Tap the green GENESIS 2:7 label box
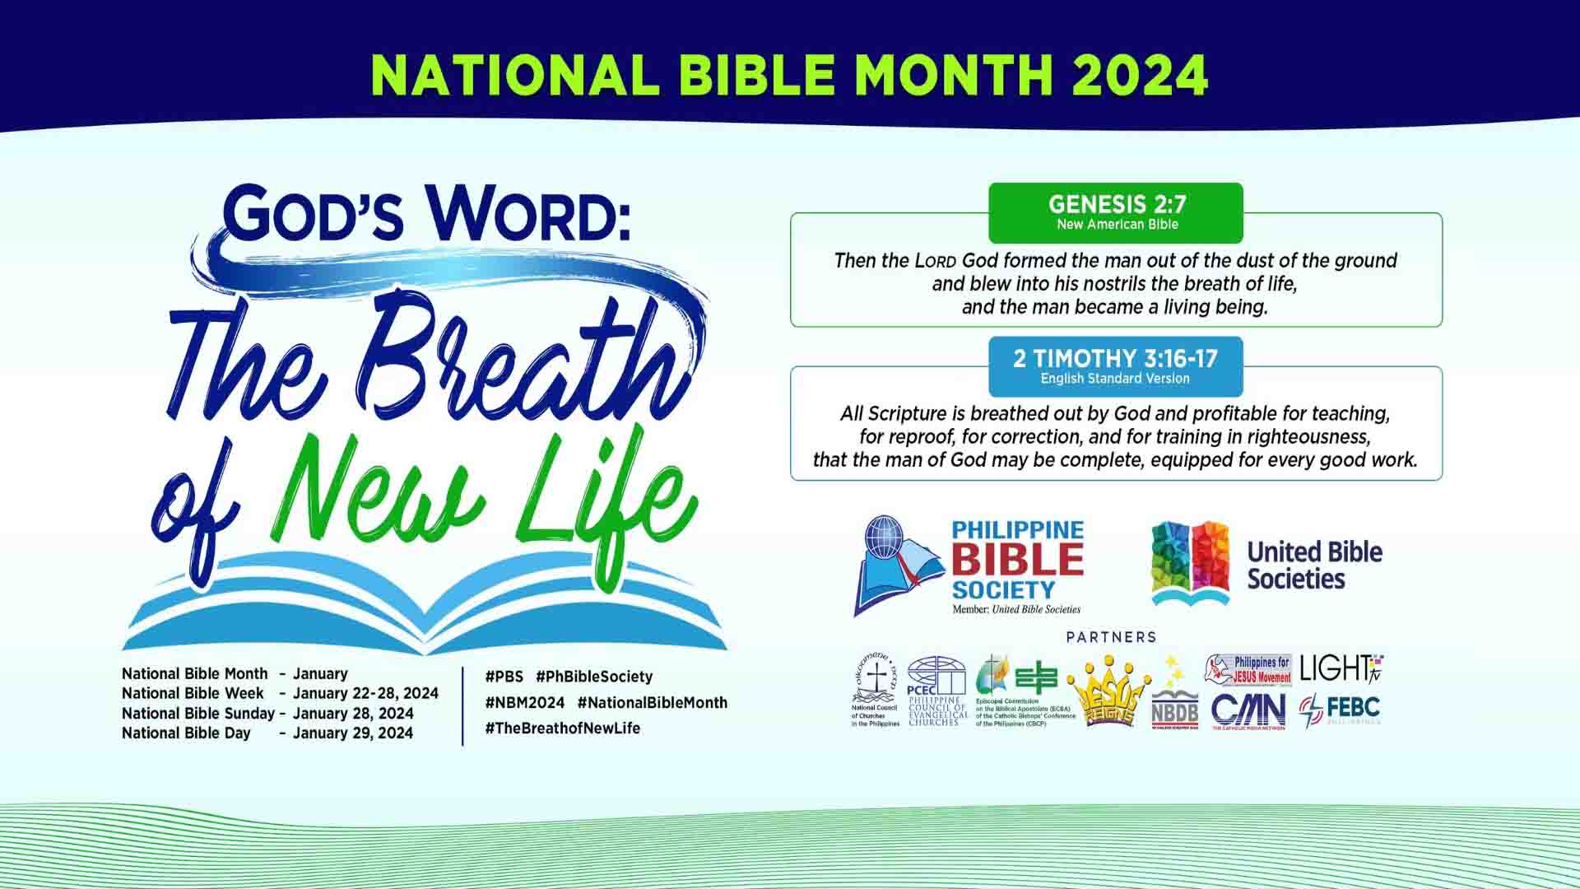pyautogui.click(x=1116, y=212)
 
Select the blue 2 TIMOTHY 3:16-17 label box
pyautogui.click(x=1116, y=365)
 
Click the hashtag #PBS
pyautogui.click(x=504, y=677)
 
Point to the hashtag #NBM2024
pyautogui.click(x=524, y=703)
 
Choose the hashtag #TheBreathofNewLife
pyautogui.click(x=562, y=728)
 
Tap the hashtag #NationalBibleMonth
pyautogui.click(x=652, y=703)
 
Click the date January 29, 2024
pyautogui.click(x=353, y=733)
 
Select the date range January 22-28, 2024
pyautogui.click(x=365, y=693)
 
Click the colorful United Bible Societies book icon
pyautogui.click(x=1190, y=563)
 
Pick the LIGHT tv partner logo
pyautogui.click(x=1341, y=669)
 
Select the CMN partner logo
pyautogui.click(x=1248, y=710)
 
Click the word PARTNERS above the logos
pyautogui.click(x=1111, y=637)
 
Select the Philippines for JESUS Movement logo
pyautogui.click(x=1248, y=670)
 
